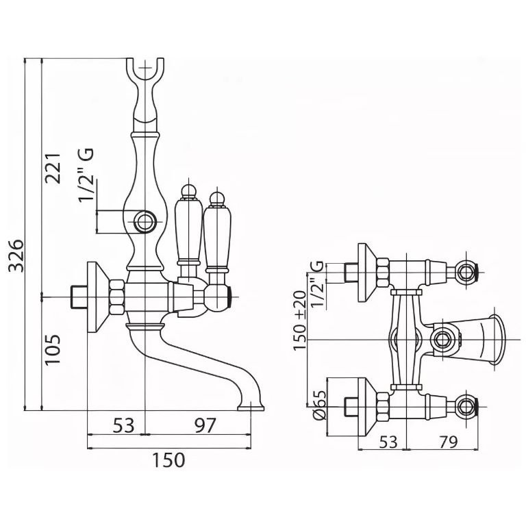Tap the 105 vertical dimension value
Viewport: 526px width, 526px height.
(x=55, y=350)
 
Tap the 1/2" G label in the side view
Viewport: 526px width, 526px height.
(x=86, y=176)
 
